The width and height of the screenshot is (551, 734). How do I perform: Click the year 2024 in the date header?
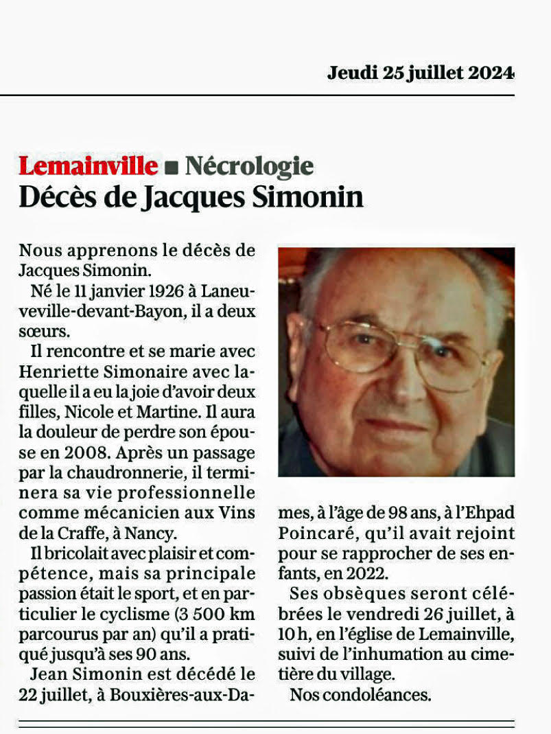491,72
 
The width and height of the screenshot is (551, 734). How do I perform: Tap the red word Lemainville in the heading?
88,165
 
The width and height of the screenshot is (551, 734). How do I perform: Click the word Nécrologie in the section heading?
249,165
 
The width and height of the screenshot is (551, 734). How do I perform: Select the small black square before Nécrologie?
172,167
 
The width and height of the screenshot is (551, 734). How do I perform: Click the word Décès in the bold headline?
57,198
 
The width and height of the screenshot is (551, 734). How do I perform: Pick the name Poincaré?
307,534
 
